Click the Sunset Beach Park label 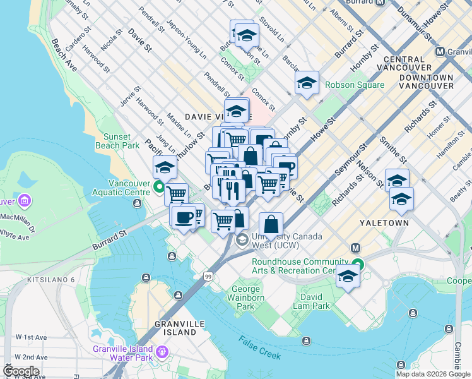[113, 141]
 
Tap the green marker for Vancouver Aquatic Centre [159, 186]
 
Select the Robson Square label [354, 85]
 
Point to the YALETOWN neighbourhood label [384, 223]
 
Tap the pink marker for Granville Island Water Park [162, 351]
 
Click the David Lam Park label [315, 301]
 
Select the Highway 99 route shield [208, 276]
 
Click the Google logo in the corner [20, 371]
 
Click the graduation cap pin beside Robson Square [307, 83]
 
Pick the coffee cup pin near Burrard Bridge [184, 218]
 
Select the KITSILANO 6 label [50, 279]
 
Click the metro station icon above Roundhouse [355, 248]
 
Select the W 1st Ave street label [31, 337]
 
